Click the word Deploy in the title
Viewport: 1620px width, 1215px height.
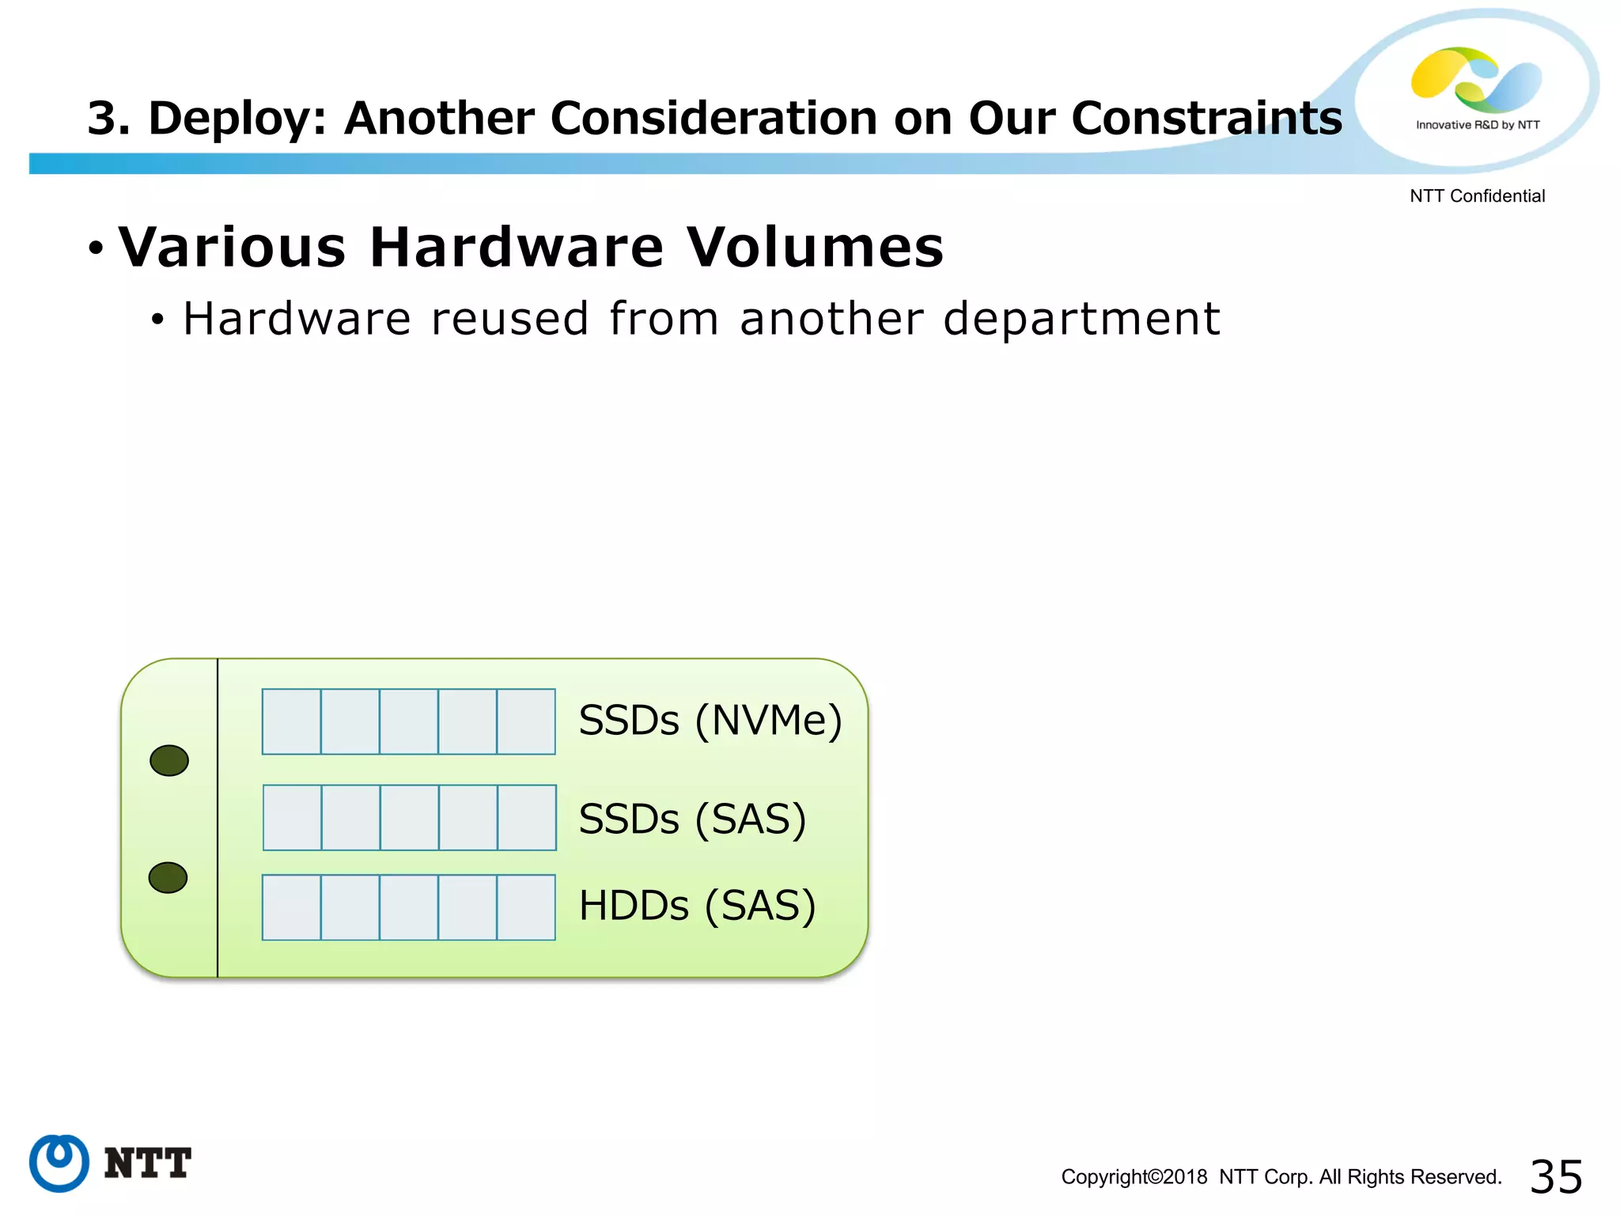click(237, 119)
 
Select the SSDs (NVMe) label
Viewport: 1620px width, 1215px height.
click(710, 721)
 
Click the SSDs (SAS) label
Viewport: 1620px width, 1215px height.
click(692, 819)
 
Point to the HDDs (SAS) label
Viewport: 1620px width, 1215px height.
click(697, 906)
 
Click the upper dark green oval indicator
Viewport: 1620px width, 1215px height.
click(169, 760)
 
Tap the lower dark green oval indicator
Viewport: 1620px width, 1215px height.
click(168, 877)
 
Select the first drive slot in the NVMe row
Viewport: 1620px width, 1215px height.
click(292, 721)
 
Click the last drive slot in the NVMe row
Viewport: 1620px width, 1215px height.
click(526, 721)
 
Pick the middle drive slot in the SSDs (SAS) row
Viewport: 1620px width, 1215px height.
click(410, 818)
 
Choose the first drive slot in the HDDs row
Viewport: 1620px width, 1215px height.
click(292, 907)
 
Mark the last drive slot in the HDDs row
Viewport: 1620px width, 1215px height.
click(526, 907)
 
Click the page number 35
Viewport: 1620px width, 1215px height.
click(1556, 1176)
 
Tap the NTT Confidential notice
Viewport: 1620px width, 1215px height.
click(1477, 196)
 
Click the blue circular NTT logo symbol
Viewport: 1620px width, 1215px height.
click(59, 1163)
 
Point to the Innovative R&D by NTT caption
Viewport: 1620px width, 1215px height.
click(1478, 125)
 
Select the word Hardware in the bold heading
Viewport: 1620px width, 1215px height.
click(517, 248)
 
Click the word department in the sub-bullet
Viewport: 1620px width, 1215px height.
click(1081, 320)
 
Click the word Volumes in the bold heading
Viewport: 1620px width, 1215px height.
click(815, 248)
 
